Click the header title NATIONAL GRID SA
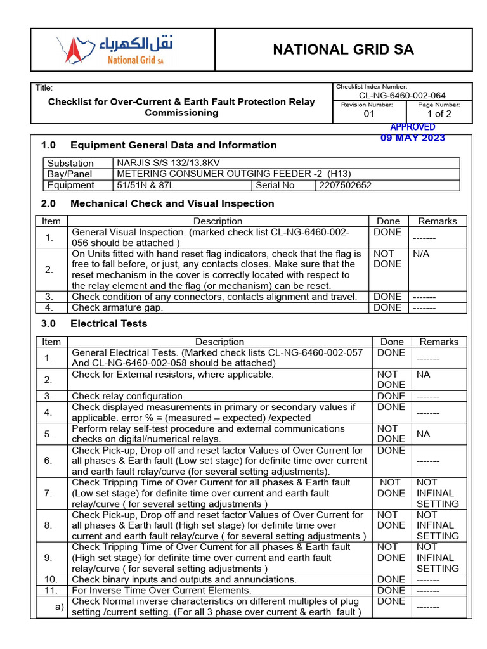pos(343,50)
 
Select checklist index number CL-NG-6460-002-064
pos(402,96)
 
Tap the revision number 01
pos(368,114)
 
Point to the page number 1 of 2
pos(439,114)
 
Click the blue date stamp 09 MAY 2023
pos(413,138)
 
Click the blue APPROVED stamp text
pos(413,127)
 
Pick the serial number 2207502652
pos(346,185)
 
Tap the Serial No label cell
pos(275,185)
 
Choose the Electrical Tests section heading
pos(108,323)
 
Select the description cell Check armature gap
pos(117,307)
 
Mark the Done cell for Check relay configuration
pos(391,396)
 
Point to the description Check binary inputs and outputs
pos(184,579)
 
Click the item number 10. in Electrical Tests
pos(51,579)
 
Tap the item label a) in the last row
pos(59,607)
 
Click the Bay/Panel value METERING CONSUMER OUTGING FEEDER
pos(233,174)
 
